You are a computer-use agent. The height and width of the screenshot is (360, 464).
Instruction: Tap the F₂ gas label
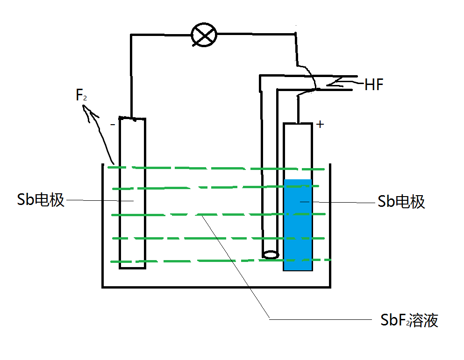81,96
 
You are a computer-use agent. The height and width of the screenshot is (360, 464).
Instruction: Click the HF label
374,85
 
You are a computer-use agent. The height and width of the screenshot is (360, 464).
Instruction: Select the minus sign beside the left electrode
112,125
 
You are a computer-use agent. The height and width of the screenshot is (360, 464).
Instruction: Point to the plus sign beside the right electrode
320,124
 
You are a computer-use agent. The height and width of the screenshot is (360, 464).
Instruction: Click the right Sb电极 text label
401,202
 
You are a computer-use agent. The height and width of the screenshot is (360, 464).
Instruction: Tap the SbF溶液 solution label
409,320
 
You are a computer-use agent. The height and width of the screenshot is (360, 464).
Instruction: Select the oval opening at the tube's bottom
271,255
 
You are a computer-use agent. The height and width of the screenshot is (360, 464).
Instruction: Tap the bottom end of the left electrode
133,268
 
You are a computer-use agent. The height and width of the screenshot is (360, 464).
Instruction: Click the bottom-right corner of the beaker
330,286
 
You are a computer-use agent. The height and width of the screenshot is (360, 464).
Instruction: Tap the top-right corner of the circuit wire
296,33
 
